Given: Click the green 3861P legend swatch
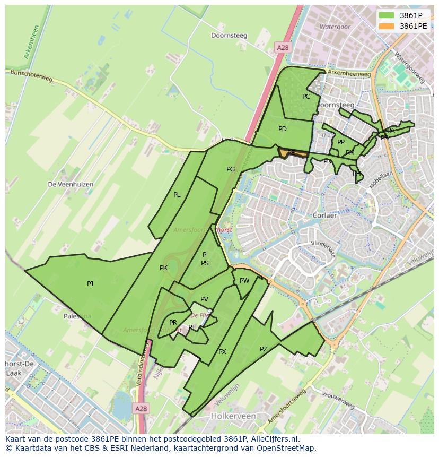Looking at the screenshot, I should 387,15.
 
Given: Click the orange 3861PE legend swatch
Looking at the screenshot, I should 387,25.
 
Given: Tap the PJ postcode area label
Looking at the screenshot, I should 90,284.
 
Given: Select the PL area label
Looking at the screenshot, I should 177,195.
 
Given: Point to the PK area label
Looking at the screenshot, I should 163,268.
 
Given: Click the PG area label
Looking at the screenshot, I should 231,169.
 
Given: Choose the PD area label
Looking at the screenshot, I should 283,129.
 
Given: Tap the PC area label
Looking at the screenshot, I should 306,97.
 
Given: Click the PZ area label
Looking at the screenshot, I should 264,349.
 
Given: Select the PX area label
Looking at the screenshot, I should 222,352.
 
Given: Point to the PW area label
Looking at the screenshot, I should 244,281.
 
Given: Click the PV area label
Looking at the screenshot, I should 204,299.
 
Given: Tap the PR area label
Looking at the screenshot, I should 173,323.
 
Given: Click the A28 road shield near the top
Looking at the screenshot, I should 283,48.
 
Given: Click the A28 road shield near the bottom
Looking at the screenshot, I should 140,409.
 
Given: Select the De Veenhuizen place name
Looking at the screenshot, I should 71,184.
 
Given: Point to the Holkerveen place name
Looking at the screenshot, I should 233,416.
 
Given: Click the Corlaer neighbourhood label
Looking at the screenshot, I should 324,216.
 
